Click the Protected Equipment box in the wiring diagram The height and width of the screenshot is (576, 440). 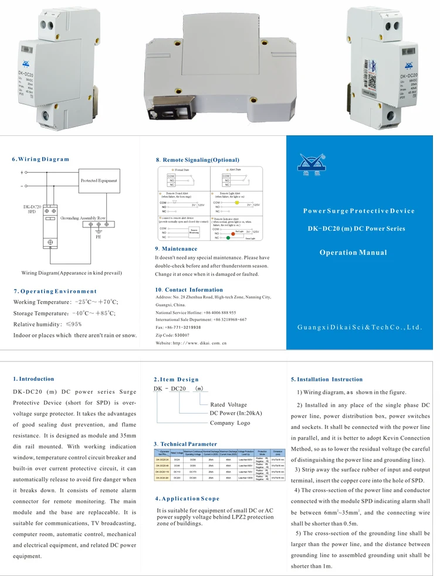tap(99, 181)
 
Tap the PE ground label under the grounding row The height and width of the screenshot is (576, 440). tap(99, 238)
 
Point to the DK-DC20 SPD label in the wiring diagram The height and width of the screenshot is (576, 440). tap(32, 209)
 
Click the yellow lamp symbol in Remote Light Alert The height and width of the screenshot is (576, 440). tap(237, 203)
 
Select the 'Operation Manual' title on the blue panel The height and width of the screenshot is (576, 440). tap(353, 253)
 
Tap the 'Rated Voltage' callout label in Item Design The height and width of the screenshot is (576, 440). tap(228, 404)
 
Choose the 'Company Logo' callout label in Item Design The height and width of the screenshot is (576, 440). tap(229, 422)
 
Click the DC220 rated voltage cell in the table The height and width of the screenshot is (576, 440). tap(177, 478)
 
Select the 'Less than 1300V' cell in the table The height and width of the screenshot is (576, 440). tap(245, 478)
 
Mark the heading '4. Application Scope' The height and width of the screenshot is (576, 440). tap(187, 499)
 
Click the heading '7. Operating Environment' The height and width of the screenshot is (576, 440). tap(55, 291)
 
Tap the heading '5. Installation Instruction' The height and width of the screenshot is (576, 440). tap(327, 379)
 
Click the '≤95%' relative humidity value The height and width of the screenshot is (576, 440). tap(73, 324)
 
